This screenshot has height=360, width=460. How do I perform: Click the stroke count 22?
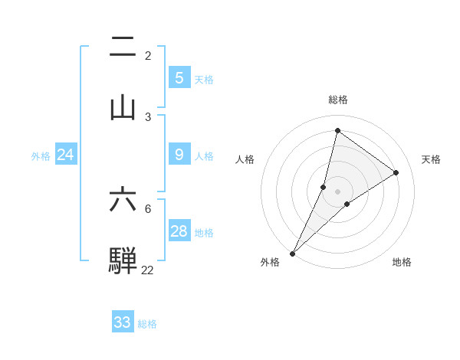(x=147, y=270)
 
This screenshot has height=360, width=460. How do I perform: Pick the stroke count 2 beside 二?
(x=148, y=56)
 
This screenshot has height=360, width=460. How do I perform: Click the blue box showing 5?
(x=179, y=77)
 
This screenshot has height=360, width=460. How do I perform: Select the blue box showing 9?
(x=179, y=155)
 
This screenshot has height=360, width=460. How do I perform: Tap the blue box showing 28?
(x=179, y=231)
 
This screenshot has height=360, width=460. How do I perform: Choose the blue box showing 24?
(x=65, y=155)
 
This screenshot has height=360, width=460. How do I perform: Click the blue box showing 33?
(x=122, y=322)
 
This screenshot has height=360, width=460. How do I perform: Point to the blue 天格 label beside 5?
(x=204, y=80)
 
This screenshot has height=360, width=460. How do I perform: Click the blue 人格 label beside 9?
(x=204, y=156)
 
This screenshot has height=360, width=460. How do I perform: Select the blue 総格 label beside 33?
(x=147, y=324)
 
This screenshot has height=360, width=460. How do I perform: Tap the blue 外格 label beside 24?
(x=41, y=156)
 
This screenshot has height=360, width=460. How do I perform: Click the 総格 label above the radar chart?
(x=337, y=100)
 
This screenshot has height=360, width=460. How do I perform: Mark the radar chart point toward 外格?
(x=292, y=253)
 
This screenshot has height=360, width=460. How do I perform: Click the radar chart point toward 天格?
(x=396, y=172)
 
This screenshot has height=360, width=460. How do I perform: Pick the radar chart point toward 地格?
(x=347, y=204)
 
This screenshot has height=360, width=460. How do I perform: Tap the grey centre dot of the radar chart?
(x=337, y=191)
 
